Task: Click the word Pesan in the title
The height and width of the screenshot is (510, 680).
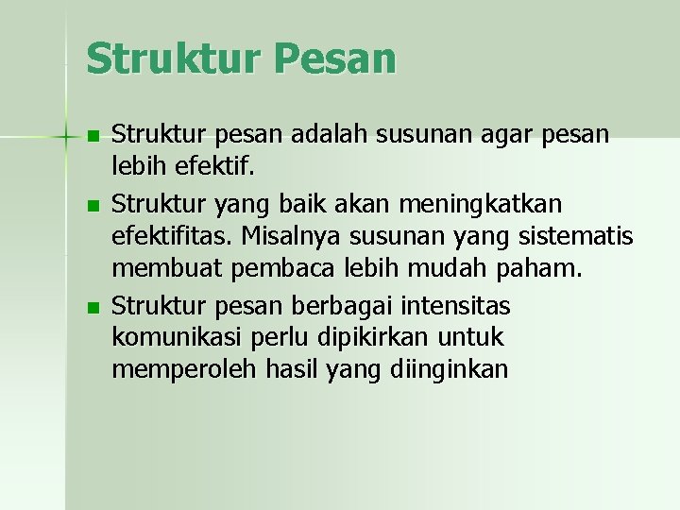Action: [336, 59]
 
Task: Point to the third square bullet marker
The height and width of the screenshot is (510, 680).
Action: [92, 308]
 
